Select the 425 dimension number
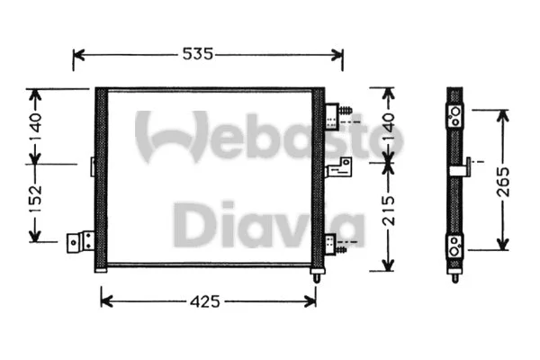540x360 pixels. pos(206,301)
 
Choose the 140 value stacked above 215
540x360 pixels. pos(387,126)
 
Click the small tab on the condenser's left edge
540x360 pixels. pos(93,166)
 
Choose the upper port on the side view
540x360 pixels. pos(456,115)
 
